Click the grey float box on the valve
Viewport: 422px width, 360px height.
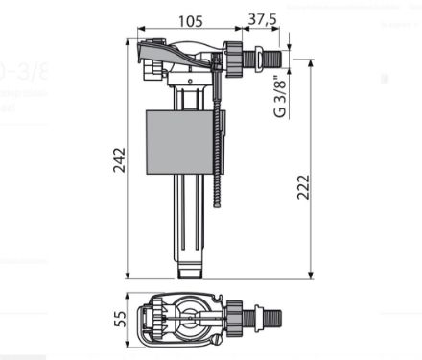point(180,142)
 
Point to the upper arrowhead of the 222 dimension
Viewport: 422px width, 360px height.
point(311,60)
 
